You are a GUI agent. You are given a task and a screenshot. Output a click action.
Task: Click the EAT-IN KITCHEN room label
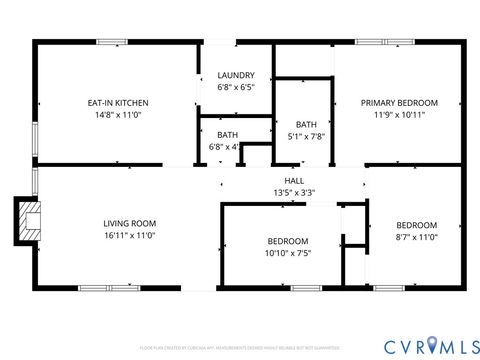click(x=119, y=102)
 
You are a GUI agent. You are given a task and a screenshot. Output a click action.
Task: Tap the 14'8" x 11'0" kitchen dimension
click(x=119, y=115)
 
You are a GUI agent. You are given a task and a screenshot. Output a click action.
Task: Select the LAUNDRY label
click(x=236, y=75)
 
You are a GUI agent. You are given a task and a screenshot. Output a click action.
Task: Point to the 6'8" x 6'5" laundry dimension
click(x=236, y=87)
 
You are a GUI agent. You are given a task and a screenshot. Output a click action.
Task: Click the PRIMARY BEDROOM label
click(x=399, y=102)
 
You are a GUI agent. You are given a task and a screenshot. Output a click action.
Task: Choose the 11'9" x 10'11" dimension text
click(x=399, y=115)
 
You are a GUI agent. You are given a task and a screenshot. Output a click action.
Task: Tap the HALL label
click(x=294, y=180)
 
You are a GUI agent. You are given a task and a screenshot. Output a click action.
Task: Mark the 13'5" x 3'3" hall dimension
click(x=294, y=192)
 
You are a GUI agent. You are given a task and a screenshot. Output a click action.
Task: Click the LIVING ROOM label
click(x=130, y=223)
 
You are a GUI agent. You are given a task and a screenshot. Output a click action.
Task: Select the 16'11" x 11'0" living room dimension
click(x=130, y=236)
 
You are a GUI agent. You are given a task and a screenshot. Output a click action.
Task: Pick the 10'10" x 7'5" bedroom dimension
click(x=287, y=254)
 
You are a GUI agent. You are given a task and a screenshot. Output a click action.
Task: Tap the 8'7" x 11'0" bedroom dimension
click(x=416, y=237)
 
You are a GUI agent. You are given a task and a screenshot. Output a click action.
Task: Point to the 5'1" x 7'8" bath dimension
click(x=305, y=137)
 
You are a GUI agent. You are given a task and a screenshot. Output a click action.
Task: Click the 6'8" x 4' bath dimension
click(x=225, y=147)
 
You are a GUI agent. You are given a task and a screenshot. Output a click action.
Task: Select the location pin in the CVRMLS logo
click(x=431, y=345)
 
